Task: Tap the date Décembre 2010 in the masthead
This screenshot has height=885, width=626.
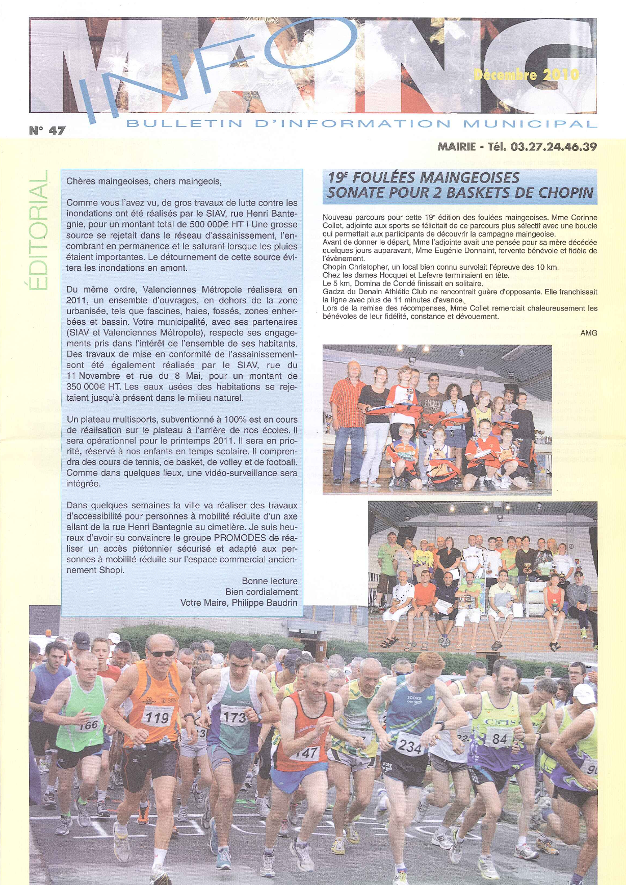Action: tap(526, 75)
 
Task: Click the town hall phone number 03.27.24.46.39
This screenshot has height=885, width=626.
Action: tap(554, 147)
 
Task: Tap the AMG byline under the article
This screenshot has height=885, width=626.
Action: tap(588, 333)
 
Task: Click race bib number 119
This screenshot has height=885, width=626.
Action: tap(157, 718)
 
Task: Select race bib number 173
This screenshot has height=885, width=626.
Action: tap(234, 717)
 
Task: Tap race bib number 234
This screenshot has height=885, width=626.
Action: tap(410, 747)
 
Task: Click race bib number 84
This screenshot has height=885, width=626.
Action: tap(499, 738)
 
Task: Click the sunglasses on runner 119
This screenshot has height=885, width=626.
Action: tap(162, 653)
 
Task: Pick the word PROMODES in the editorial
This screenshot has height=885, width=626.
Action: tap(239, 538)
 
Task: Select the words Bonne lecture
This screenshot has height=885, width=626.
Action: tap(270, 581)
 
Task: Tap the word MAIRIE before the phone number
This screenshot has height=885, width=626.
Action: tap(456, 147)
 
